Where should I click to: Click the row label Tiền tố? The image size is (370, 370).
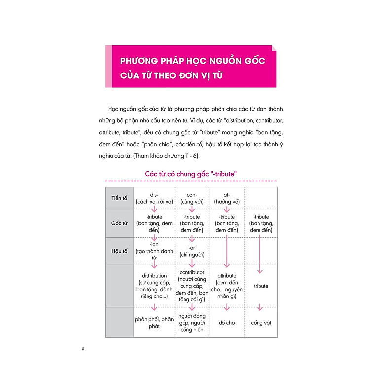tap(119, 197)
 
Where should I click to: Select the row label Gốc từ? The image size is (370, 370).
tap(119, 223)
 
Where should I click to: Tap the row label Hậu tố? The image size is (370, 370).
tap(119, 250)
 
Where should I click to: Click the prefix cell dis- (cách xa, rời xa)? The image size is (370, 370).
tap(153, 197)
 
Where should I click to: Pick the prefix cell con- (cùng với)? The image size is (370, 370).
tap(192, 197)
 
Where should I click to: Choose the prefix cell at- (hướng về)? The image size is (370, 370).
tap(226, 197)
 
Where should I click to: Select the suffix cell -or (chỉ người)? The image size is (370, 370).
tap(192, 250)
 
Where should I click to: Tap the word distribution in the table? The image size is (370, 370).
tap(154, 276)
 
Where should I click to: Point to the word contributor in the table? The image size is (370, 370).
tap(192, 272)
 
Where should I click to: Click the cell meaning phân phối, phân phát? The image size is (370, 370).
tap(154, 323)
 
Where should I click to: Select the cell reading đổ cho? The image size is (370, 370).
tap(226, 323)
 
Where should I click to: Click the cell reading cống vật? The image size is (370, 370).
tap(261, 323)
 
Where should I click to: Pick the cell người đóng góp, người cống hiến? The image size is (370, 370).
tap(192, 323)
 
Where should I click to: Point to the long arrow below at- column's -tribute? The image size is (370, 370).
tap(226, 252)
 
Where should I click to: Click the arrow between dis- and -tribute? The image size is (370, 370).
tap(154, 209)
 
